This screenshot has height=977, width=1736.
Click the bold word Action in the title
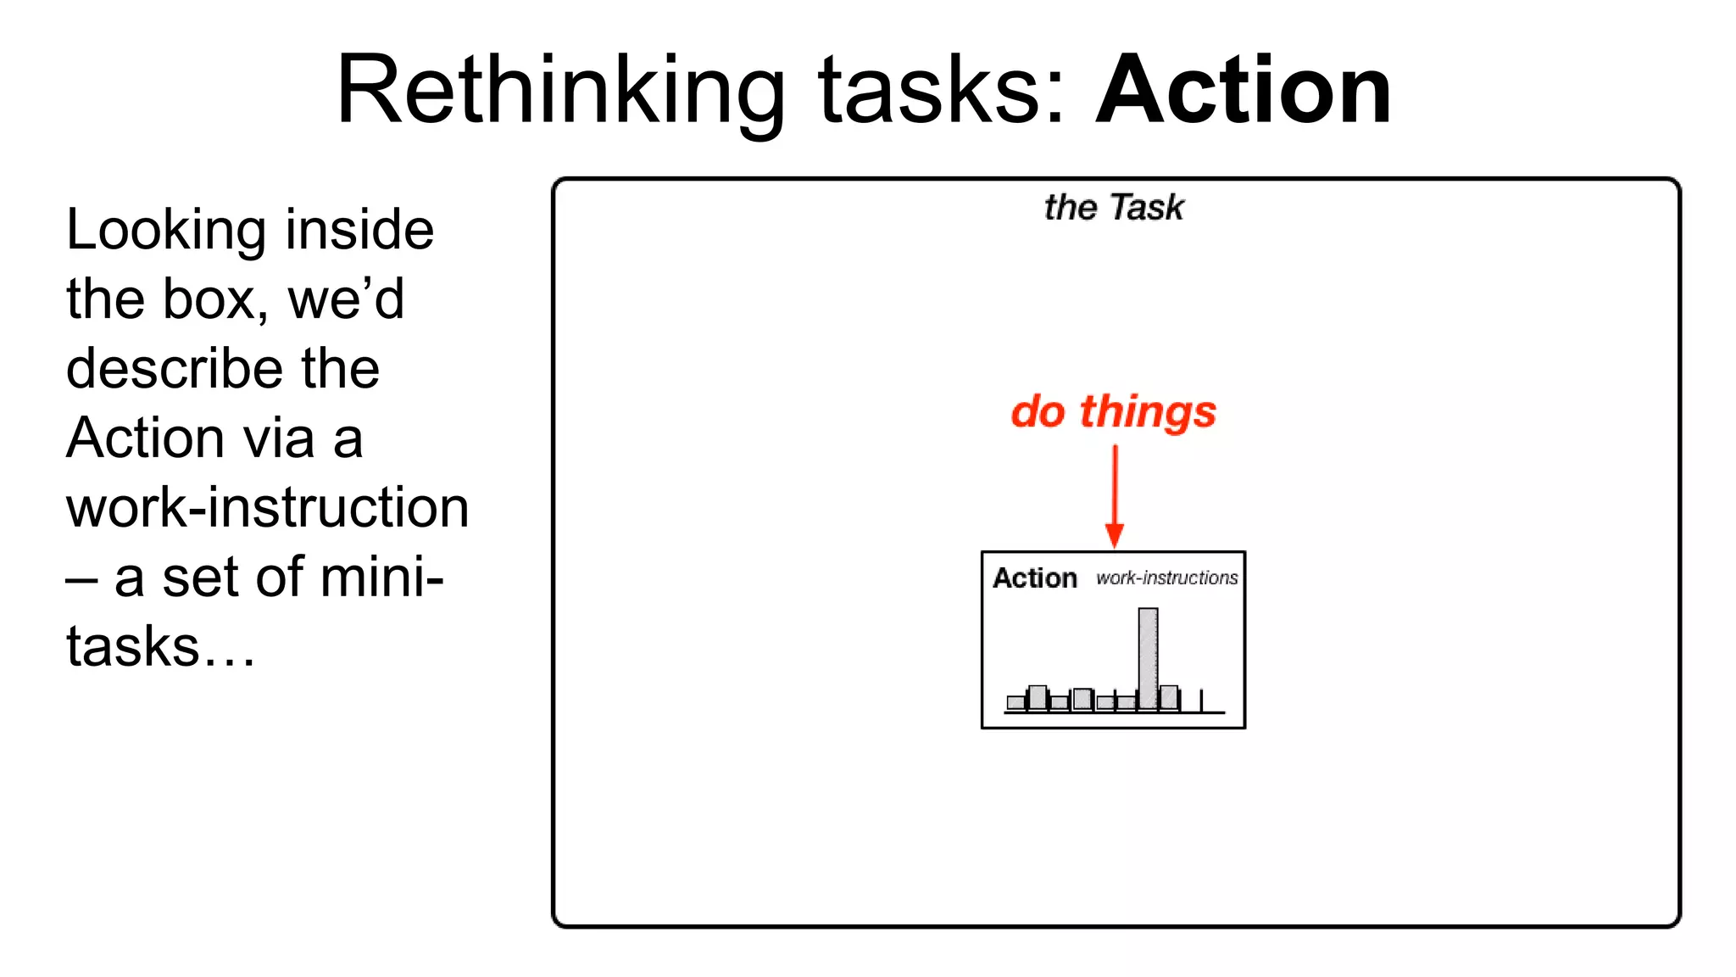[1243, 90]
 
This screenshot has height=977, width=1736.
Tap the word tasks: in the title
[942, 90]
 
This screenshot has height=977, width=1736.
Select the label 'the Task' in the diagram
[1114, 208]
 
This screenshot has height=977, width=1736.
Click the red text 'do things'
[1113, 412]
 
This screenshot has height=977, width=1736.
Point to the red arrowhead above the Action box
[1115, 536]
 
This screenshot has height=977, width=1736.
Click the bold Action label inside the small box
[1035, 578]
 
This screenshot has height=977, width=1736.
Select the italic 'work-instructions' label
[1166, 578]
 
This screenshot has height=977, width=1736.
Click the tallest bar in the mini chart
[1148, 657]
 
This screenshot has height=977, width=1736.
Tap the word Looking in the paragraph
[167, 231]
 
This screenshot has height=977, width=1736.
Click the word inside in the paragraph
[359, 231]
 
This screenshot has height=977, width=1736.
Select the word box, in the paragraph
[215, 300]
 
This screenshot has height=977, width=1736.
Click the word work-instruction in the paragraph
[267, 509]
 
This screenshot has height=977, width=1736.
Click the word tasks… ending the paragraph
[160, 648]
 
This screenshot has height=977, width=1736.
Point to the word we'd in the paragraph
[346, 300]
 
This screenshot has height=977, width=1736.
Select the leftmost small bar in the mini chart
[1015, 702]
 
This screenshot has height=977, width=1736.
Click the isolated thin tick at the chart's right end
[1201, 701]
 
